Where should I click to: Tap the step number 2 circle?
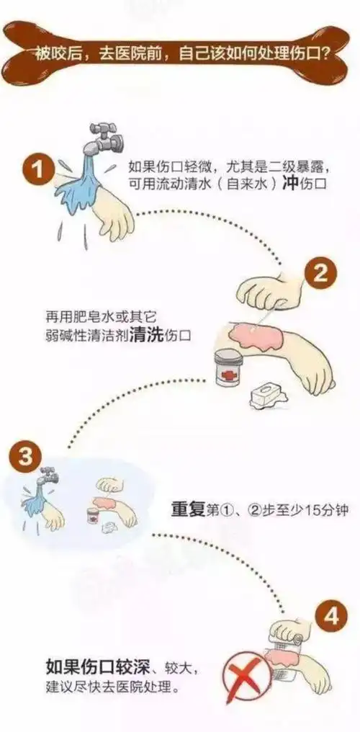pos(320,274)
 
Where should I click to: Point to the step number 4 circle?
pos(331,617)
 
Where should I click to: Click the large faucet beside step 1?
pos(102,138)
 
